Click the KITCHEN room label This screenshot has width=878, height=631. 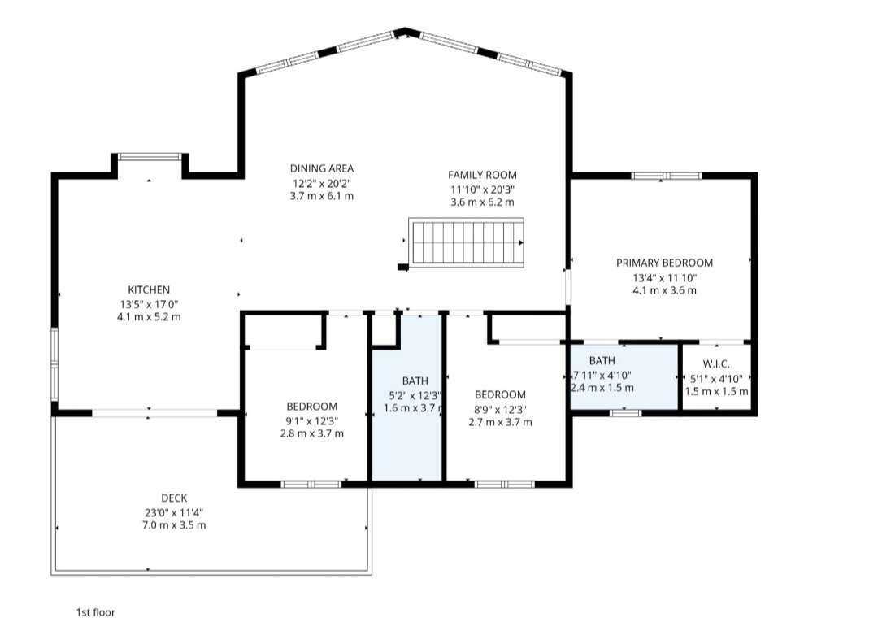149,289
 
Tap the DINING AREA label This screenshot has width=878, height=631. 322,168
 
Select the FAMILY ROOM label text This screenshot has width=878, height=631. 482,175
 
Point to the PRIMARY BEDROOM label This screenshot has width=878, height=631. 665,263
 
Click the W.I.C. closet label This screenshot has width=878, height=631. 716,364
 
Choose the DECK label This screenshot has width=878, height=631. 174,498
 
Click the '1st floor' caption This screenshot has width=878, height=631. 96,612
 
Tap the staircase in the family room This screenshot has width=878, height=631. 467,242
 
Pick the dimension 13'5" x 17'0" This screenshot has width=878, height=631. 149,304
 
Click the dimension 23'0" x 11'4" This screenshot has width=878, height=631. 174,512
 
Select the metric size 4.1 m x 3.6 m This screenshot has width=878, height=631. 665,290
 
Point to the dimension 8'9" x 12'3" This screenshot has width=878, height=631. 500,409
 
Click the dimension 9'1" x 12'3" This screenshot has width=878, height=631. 312,420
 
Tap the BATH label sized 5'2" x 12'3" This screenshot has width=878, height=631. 415,381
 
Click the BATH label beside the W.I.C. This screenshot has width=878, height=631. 602,360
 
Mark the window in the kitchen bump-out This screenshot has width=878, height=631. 150,156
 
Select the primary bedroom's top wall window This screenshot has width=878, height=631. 667,176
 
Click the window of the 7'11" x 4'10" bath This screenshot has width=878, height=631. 625,413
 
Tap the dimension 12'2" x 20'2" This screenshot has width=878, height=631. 322,183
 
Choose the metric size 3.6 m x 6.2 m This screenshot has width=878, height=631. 482,202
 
